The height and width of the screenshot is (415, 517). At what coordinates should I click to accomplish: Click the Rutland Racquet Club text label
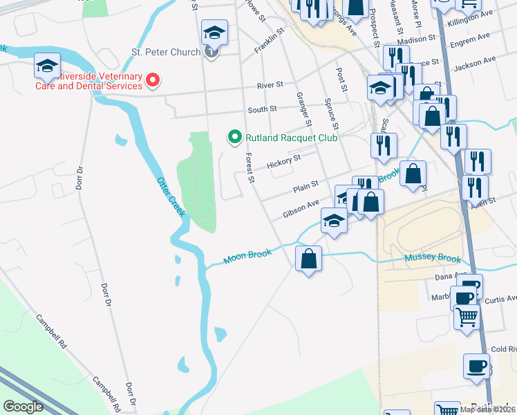tap(291, 138)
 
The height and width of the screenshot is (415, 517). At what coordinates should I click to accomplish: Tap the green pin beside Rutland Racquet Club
tap(234, 138)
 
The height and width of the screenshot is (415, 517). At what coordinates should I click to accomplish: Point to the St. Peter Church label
tap(166, 52)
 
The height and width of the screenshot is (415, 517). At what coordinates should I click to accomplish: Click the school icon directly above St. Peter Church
tap(214, 32)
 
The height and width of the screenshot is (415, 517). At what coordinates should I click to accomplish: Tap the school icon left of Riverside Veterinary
tap(47, 66)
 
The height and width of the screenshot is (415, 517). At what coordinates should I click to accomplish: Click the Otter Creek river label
tap(171, 197)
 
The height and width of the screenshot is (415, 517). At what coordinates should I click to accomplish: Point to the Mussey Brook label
tap(433, 259)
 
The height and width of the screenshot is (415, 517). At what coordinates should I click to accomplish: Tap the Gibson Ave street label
tap(301, 209)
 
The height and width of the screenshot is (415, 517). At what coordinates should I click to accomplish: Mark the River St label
tap(270, 84)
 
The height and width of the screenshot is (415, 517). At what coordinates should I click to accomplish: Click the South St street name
tap(263, 109)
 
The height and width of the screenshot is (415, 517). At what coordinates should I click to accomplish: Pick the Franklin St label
tap(270, 41)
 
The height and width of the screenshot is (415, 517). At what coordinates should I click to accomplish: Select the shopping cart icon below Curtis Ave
tap(467, 317)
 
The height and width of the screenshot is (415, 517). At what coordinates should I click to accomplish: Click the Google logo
tap(23, 407)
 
